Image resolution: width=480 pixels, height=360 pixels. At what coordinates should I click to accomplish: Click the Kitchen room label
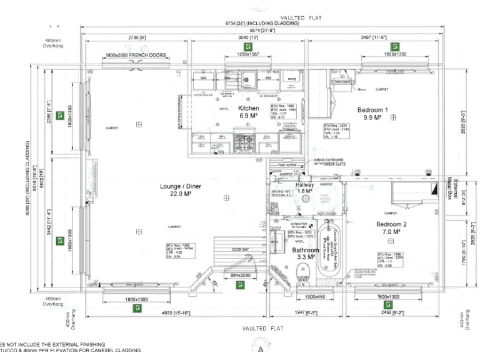249,109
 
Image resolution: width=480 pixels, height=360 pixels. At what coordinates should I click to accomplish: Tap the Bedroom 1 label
372,110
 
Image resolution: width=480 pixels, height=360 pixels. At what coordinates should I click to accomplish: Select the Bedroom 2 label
391,224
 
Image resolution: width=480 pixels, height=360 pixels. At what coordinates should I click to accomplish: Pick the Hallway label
304,186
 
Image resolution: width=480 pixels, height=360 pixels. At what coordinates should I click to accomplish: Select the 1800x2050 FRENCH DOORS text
136,56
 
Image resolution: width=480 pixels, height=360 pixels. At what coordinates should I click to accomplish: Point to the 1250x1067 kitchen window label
247,55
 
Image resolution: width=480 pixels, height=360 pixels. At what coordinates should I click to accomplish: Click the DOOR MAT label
241,249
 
